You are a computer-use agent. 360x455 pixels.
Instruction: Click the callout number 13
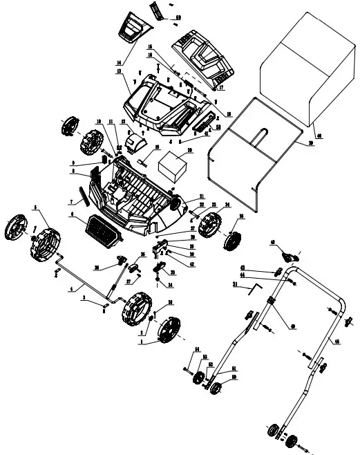[x=119, y=71]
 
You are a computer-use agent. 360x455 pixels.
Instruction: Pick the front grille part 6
[x=102, y=230]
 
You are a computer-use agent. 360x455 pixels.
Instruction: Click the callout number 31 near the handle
[x=235, y=285]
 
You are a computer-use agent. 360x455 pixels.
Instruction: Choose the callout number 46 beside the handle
[x=337, y=342]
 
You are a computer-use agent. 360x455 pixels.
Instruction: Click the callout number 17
[x=221, y=89]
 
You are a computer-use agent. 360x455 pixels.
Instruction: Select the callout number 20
[x=190, y=149]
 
